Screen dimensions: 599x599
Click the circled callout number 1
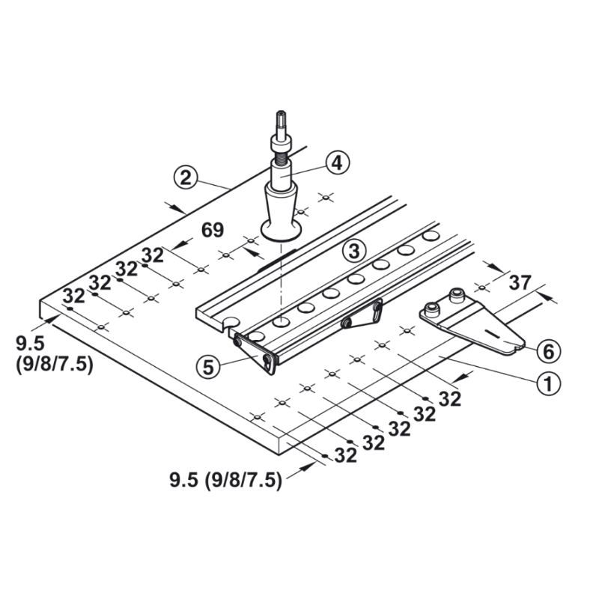pyautogui.click(x=548, y=384)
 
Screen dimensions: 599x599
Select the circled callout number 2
pyautogui.click(x=186, y=177)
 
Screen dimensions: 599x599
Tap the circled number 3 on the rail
pyautogui.click(x=354, y=251)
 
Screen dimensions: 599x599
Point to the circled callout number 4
pyautogui.click(x=338, y=163)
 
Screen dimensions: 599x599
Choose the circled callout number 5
pyautogui.click(x=209, y=367)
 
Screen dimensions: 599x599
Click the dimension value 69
pyautogui.click(x=213, y=231)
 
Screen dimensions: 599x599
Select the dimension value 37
pyautogui.click(x=520, y=283)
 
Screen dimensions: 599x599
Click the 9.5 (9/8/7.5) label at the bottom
pyautogui.click(x=226, y=480)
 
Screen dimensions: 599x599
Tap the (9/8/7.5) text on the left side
pyautogui.click(x=55, y=365)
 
